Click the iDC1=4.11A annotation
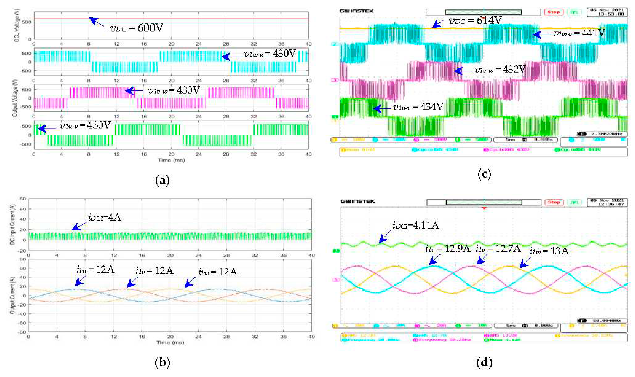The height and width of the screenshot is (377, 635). pos(416,225)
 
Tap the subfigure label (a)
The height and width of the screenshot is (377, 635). pos(162,180)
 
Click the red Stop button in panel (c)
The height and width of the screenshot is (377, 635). pos(554,12)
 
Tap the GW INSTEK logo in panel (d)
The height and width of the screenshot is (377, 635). pos(358,201)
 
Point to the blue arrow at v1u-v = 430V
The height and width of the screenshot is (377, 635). pos(47,129)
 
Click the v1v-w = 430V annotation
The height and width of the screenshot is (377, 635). pos(174,90)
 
